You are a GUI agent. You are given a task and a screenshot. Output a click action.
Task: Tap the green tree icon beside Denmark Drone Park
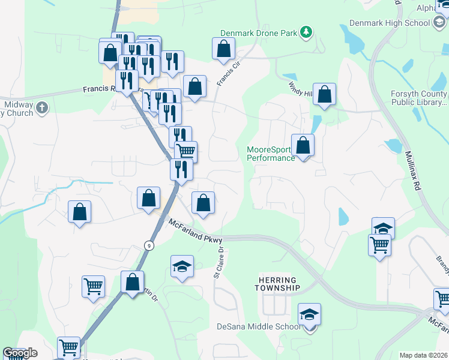click(x=306, y=32)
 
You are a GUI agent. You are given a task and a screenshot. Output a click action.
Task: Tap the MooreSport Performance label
click(x=271, y=154)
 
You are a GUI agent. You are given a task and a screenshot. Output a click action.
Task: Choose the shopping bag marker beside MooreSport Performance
click(x=303, y=146)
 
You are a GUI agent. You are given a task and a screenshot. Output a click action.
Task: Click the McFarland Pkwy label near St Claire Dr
click(x=196, y=232)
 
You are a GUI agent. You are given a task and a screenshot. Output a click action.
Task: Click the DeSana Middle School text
click(x=258, y=327)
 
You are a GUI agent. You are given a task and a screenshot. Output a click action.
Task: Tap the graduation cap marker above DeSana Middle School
click(x=310, y=314)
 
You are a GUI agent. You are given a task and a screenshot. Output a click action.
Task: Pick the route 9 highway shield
click(x=148, y=245)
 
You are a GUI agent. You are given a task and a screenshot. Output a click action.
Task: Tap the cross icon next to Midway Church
click(x=41, y=107)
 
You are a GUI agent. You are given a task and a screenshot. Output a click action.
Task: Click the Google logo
click(x=19, y=353)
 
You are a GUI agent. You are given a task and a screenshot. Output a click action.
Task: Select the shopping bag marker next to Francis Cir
click(x=223, y=49)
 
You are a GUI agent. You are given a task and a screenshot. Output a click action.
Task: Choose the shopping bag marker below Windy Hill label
click(x=324, y=94)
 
